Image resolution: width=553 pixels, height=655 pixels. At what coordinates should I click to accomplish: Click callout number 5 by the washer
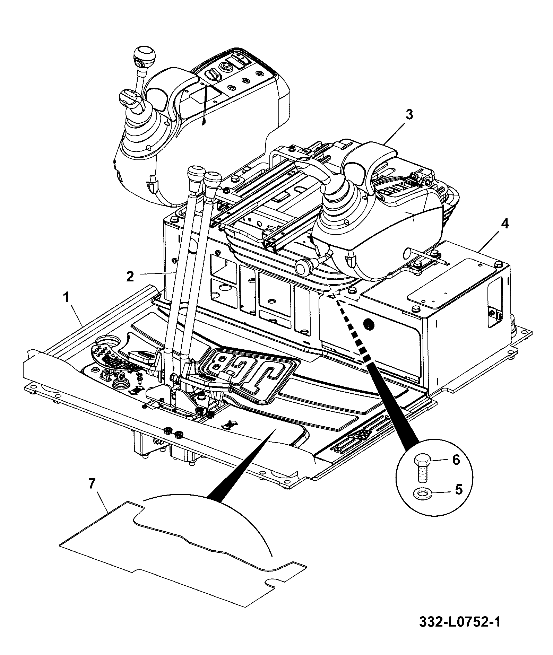pyautogui.click(x=458, y=489)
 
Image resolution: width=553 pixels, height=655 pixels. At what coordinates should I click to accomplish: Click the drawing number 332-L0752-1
pyautogui.click(x=460, y=631)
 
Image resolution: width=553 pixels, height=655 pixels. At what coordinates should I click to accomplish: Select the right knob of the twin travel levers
pyautogui.click(x=213, y=180)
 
